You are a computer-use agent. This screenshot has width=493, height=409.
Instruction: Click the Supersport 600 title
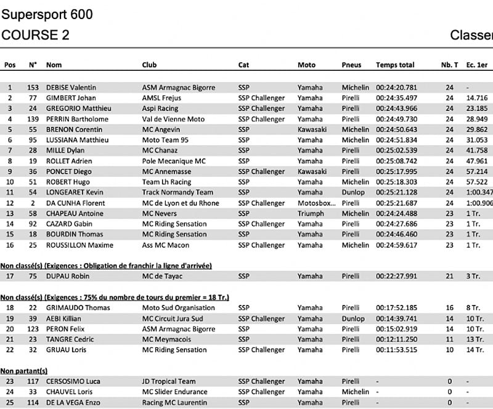(x=47, y=14)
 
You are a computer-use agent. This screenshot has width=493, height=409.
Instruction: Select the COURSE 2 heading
(x=35, y=35)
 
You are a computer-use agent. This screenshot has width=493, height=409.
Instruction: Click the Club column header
(x=149, y=65)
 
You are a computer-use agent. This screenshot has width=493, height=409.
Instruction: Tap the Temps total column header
(x=395, y=65)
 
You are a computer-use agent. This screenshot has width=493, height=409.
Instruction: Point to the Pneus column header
(x=351, y=65)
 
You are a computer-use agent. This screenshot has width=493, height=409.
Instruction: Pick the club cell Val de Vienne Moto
(x=173, y=119)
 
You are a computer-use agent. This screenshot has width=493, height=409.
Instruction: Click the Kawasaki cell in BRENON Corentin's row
(x=312, y=129)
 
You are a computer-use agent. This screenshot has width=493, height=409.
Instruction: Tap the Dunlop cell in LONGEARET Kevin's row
(x=353, y=192)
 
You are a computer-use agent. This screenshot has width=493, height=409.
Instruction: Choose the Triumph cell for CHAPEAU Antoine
(x=311, y=213)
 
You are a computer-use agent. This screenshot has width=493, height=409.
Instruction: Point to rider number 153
(x=33, y=87)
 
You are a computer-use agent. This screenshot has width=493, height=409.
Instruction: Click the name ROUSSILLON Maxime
(x=79, y=245)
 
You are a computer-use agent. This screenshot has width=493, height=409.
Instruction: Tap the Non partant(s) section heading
(x=24, y=371)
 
